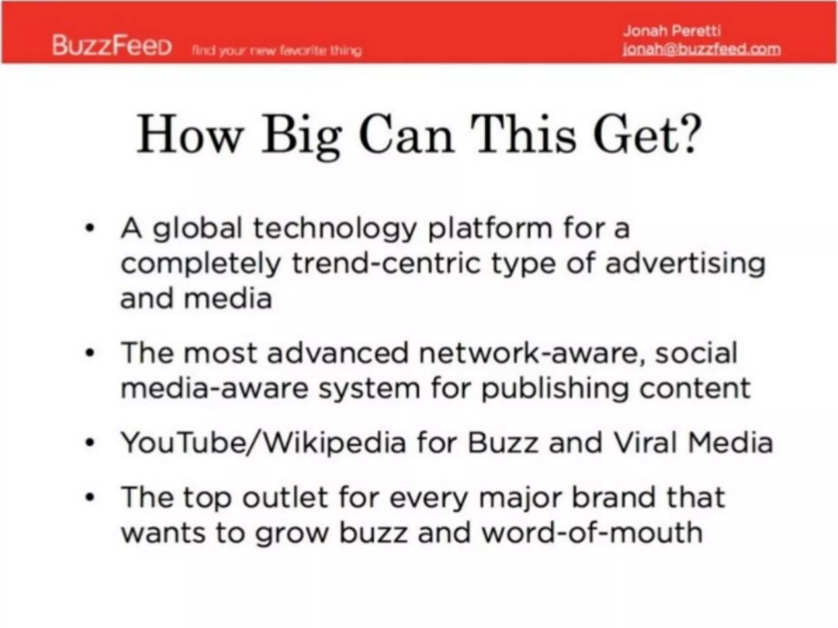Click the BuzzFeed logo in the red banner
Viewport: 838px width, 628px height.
(112, 45)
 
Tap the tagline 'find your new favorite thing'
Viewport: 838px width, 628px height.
(277, 51)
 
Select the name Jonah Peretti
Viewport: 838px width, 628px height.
(672, 31)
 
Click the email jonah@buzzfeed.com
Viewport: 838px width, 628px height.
(701, 49)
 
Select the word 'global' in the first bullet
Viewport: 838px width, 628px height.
(198, 229)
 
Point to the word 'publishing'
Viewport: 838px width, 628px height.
(554, 389)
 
